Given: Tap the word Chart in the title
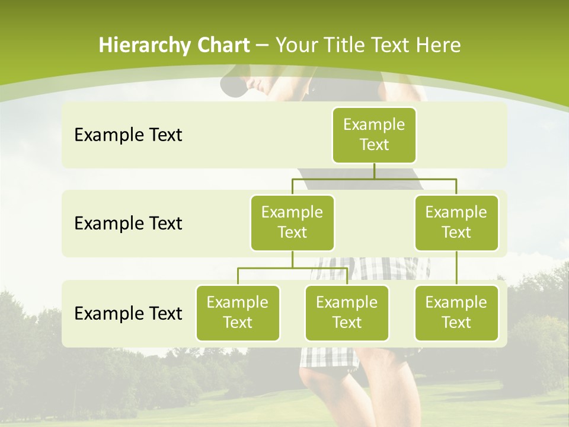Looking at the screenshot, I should pos(222,46).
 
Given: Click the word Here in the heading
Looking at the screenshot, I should pos(438,46).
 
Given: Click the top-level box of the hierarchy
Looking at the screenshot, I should pos(374,135).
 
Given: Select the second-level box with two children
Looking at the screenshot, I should pos(292,222).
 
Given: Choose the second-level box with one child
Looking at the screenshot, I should pos(456,222).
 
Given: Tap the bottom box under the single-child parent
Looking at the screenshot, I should pos(456,313).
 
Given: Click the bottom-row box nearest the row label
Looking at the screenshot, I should pos(238,313).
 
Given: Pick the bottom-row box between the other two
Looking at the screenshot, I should pos(347,313).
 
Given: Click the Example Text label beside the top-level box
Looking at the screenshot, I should pos(128,135).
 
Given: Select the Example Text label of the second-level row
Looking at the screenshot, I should pos(128,223).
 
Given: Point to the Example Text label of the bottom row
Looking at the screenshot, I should pos(128,313).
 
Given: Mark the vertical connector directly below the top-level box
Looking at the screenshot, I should pos(374,171).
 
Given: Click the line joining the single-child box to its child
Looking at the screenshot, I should pos(456,268).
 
